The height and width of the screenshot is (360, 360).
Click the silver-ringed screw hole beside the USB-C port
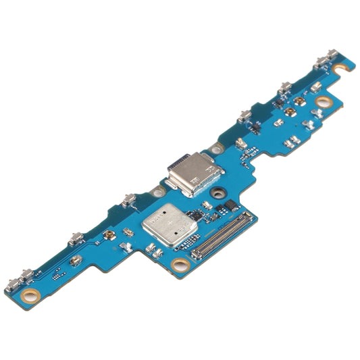217,192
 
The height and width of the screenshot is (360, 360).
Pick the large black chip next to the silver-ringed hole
229,203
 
